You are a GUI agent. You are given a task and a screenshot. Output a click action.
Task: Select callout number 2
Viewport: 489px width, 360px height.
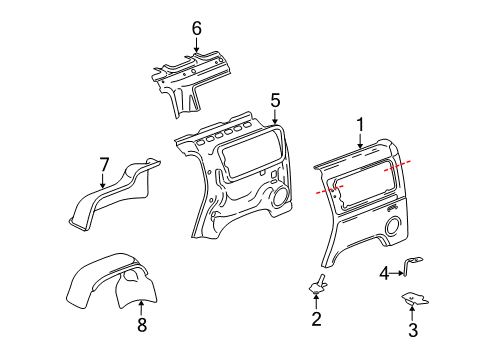pos(316,320)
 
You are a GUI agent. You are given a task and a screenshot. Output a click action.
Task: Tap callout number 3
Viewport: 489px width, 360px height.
pos(412,331)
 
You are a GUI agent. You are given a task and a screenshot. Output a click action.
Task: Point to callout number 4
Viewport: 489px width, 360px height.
pos(384,271)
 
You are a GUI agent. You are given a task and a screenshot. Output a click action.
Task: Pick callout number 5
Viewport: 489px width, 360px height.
pos(275,99)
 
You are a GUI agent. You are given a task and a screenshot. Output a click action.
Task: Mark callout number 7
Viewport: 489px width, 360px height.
pos(103,163)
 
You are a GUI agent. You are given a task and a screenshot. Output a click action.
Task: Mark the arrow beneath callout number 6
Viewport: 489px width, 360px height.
pos(196,47)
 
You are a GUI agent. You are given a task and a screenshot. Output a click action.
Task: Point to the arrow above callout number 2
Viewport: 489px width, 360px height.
pos(316,302)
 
